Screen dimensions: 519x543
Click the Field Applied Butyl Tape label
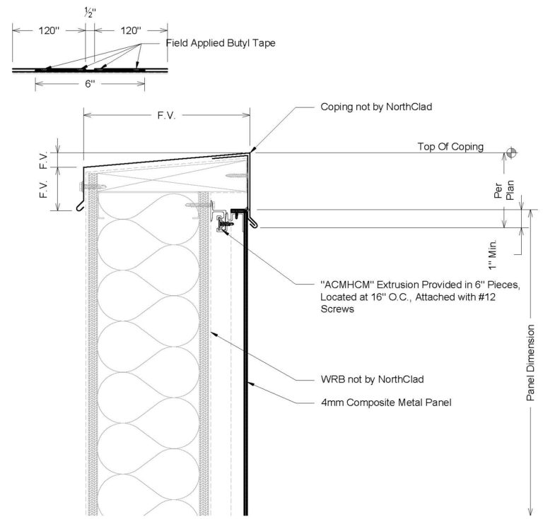point(221,43)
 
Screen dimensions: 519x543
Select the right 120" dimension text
point(130,30)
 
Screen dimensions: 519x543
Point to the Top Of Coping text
point(450,147)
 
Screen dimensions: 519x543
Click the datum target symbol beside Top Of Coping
point(510,153)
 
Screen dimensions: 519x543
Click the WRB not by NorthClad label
point(372,379)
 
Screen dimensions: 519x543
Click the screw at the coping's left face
point(90,186)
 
